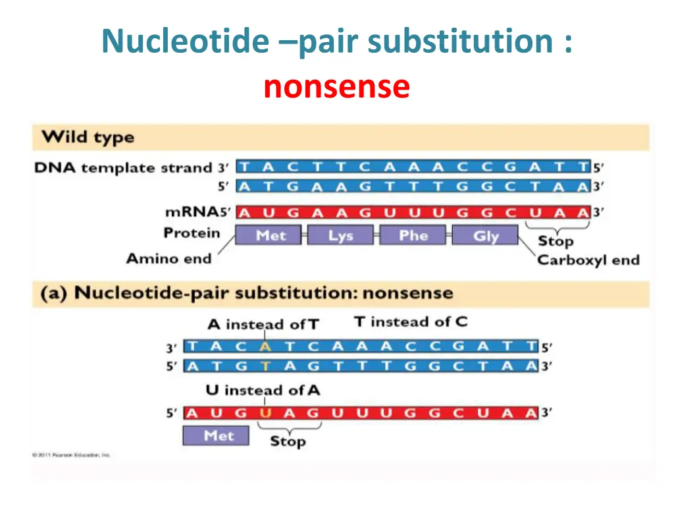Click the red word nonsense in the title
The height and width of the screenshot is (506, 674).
pyautogui.click(x=336, y=87)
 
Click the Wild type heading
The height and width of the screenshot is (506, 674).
pyautogui.click(x=88, y=138)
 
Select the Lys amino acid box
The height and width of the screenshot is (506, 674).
pyautogui.click(x=340, y=235)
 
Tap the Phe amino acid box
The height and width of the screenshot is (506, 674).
pyautogui.click(x=413, y=235)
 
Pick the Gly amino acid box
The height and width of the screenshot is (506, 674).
pyautogui.click(x=486, y=235)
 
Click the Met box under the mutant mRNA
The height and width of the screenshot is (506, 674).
pyautogui.click(x=217, y=436)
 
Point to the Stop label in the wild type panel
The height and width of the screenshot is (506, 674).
pyautogui.click(x=556, y=240)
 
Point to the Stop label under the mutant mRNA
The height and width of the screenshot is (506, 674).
pyautogui.click(x=288, y=441)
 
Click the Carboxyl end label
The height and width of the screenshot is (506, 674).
pyautogui.click(x=588, y=260)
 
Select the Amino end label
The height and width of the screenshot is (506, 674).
pyautogui.click(x=168, y=258)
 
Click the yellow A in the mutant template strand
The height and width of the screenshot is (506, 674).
pyautogui.click(x=265, y=346)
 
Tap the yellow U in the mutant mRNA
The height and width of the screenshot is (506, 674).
pyautogui.click(x=265, y=413)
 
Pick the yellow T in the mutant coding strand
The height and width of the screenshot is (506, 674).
pyautogui.click(x=265, y=366)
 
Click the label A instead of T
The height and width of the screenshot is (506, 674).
pyautogui.click(x=263, y=324)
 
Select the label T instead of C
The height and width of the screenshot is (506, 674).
pyautogui.click(x=411, y=322)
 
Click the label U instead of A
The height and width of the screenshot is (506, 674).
pyautogui.click(x=263, y=390)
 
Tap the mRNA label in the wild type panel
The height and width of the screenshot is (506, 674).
pyautogui.click(x=191, y=212)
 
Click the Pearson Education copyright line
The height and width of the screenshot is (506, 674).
pyautogui.click(x=72, y=455)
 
